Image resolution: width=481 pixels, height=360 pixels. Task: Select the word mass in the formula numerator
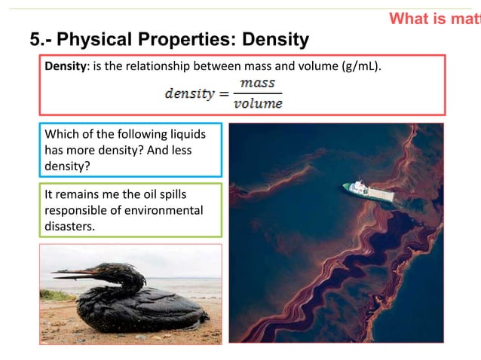pos(258,83)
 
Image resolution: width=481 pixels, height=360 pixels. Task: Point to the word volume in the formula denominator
pos(258,102)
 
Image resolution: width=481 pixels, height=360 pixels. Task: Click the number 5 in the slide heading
pos(34,38)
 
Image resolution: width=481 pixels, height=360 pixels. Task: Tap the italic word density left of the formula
pos(189,94)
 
